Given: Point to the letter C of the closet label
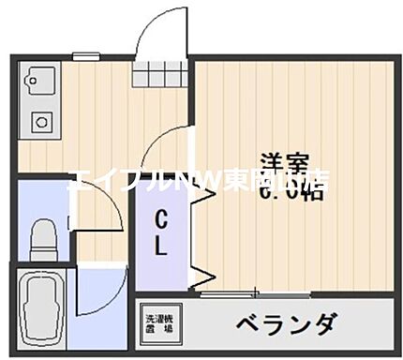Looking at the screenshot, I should click(x=161, y=222).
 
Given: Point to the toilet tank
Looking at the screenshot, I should click(x=42, y=224).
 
